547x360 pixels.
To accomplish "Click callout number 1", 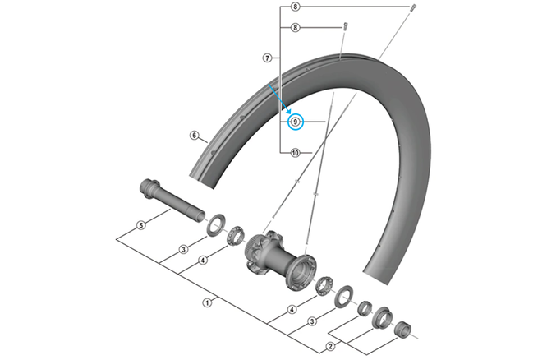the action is [207, 302].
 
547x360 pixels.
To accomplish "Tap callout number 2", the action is [330, 346].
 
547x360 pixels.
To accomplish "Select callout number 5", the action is [141, 225].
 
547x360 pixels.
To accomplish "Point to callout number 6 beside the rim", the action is [195, 135].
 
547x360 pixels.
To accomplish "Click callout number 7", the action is [267, 58].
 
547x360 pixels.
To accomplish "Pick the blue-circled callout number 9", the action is [296, 122].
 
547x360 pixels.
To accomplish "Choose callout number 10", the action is [296, 153].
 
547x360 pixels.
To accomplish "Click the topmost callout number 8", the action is [296, 7].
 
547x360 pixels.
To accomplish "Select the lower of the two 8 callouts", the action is [296, 27].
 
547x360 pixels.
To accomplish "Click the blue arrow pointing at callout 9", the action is [279, 99].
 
